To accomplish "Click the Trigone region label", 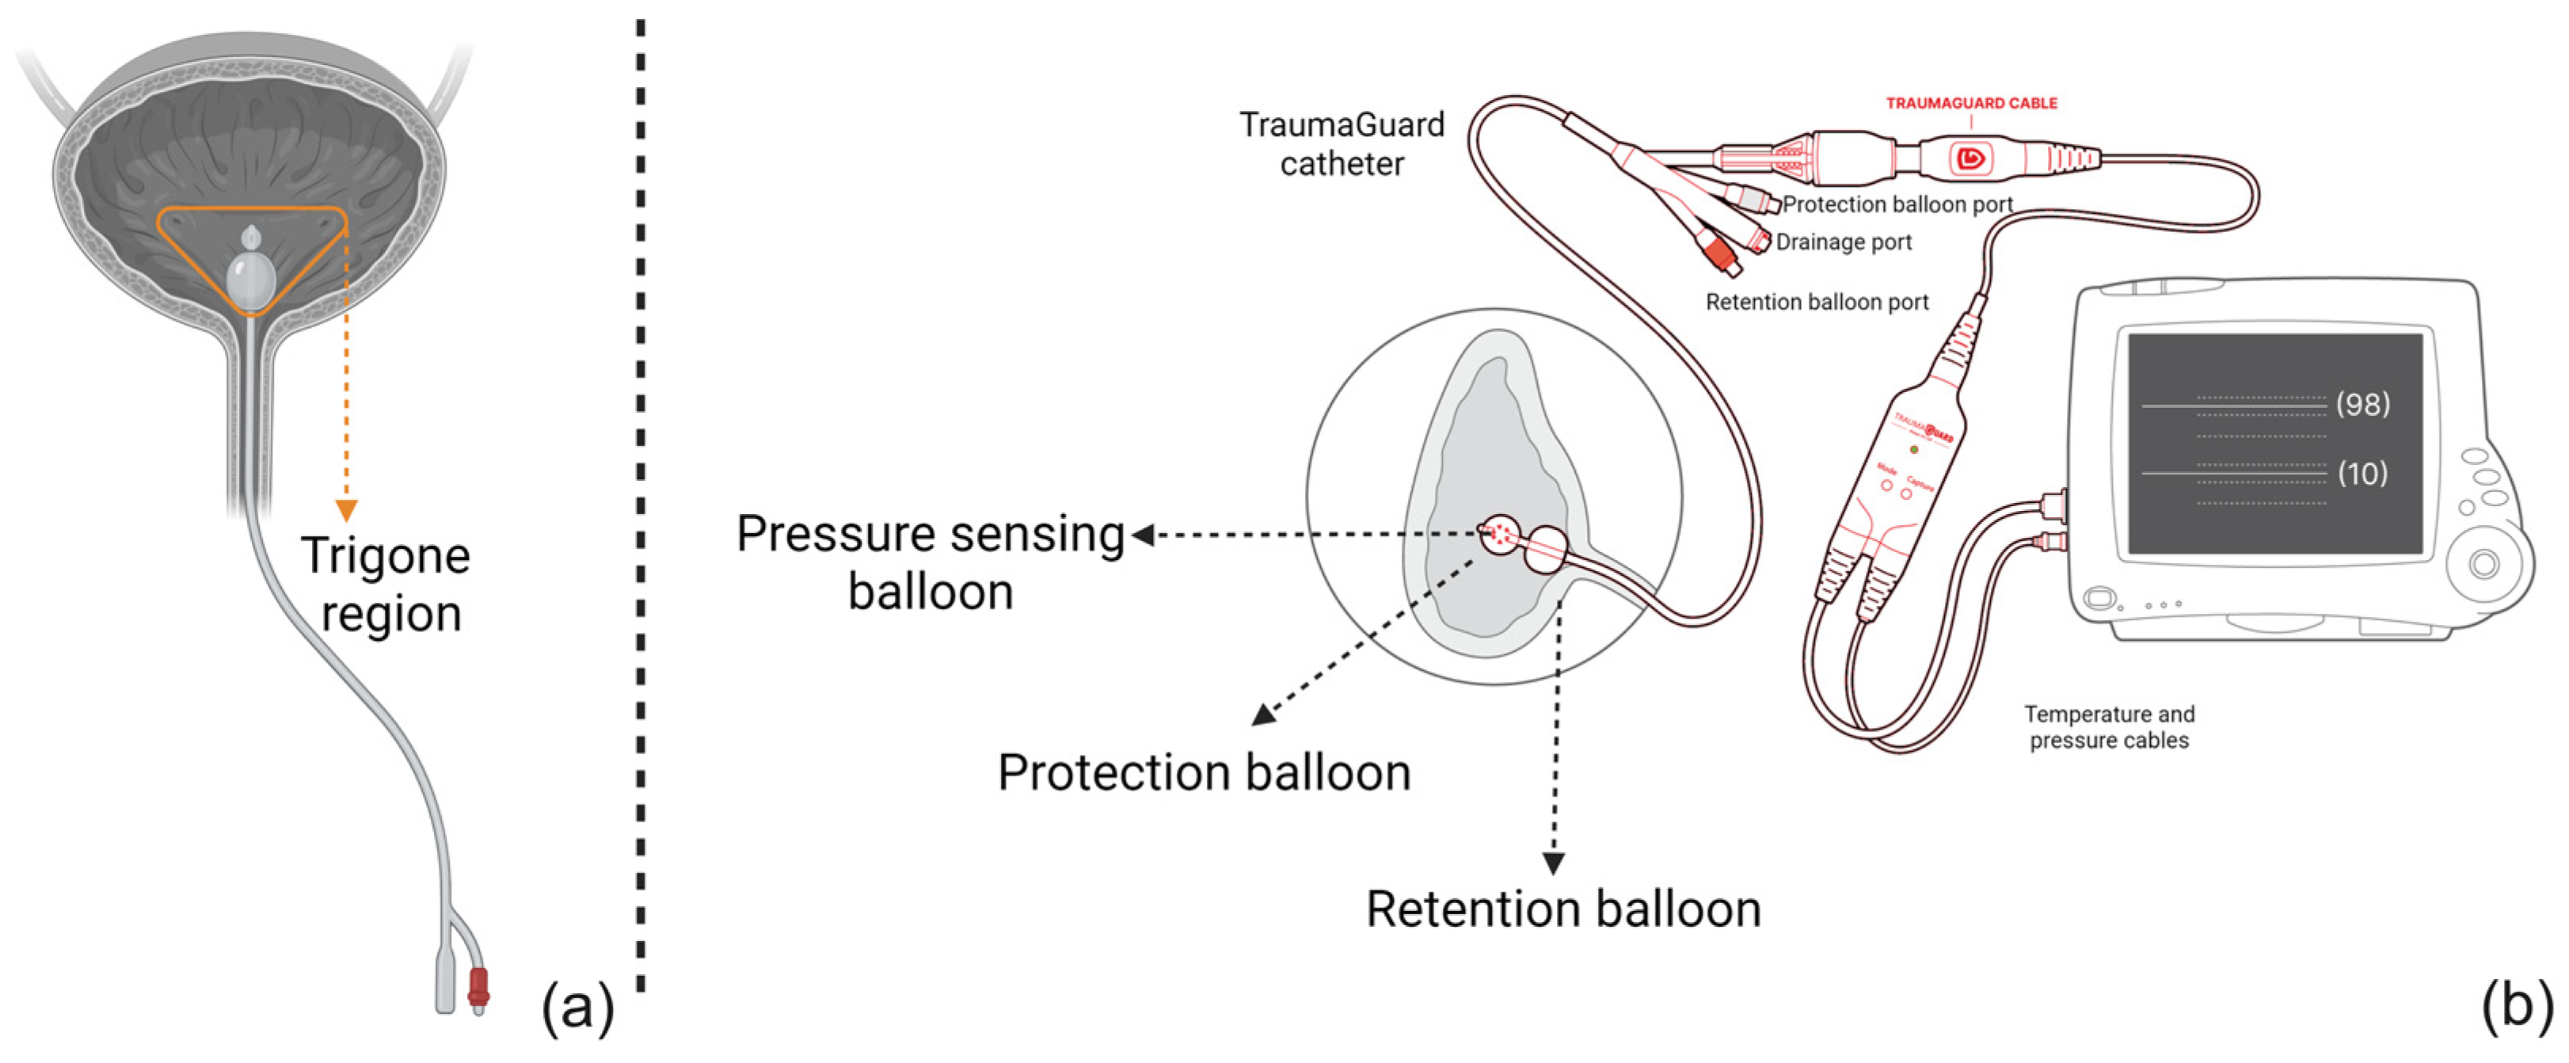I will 386,585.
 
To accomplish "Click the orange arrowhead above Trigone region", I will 346,511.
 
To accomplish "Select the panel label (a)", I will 577,1008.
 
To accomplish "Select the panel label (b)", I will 2516,1005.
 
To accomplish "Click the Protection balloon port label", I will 1897,204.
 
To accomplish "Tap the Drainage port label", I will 1843,242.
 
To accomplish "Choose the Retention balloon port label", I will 1816,302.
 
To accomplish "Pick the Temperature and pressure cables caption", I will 2108,727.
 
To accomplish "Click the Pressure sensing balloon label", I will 930,562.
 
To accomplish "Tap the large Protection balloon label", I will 1204,773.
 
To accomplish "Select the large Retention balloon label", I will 1562,909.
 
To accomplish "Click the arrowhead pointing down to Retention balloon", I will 1553,863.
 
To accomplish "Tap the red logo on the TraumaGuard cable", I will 1970,158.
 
